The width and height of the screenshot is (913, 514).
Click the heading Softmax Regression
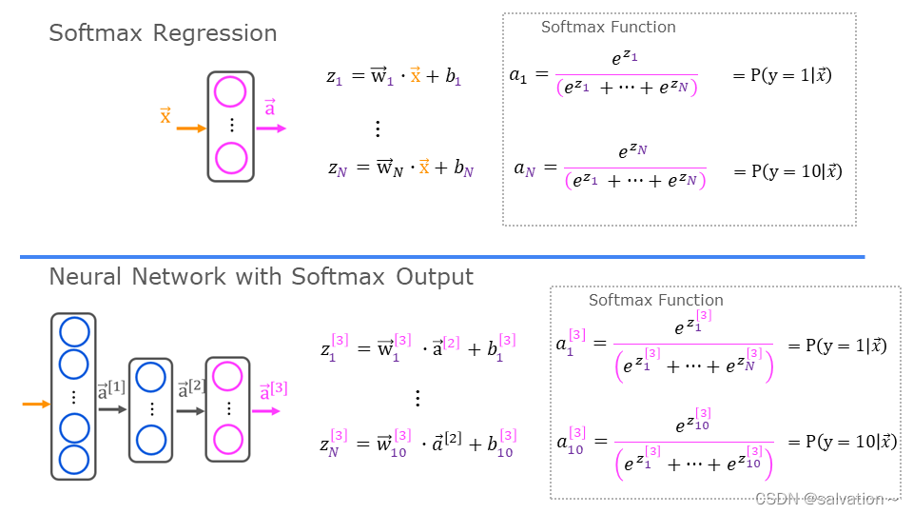point(163,33)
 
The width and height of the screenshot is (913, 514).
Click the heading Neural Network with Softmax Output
point(261,277)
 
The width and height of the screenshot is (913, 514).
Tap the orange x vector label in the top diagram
point(165,116)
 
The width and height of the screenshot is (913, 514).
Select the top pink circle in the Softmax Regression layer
point(230,92)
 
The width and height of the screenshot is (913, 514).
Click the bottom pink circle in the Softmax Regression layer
point(230,158)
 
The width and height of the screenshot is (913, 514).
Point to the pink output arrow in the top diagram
point(270,128)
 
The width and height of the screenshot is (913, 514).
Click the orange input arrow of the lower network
point(36,405)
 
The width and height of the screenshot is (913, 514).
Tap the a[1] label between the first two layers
point(111,390)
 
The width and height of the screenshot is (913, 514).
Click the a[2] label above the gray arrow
point(191,390)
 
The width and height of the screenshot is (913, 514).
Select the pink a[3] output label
point(273,390)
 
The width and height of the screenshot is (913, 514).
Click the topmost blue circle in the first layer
point(74,331)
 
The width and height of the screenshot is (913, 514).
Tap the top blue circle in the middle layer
point(150,378)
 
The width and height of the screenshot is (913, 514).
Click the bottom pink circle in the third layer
point(228,439)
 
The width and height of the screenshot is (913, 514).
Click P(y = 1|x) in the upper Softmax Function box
point(782,75)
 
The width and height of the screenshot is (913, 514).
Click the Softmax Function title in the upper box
point(609,27)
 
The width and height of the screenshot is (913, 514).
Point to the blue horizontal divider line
point(442,256)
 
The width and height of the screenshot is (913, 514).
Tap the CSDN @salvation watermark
point(826,499)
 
